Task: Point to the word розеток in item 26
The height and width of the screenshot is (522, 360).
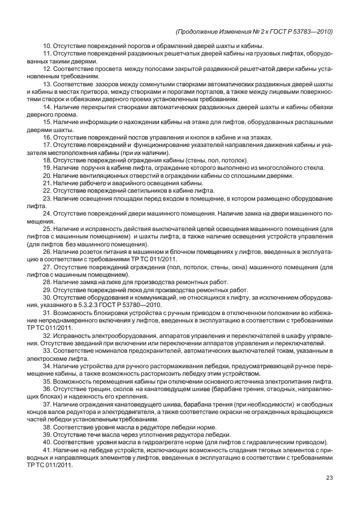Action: [x=90, y=250]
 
